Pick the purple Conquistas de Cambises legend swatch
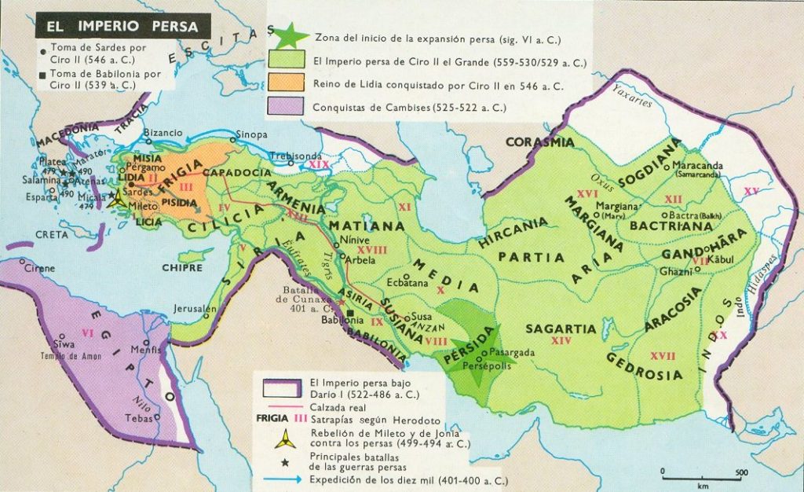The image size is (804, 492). coord(287,108)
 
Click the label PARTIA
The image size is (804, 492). coord(531,257)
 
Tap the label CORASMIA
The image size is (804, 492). coord(539,142)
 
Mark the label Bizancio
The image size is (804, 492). coord(163,133)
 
